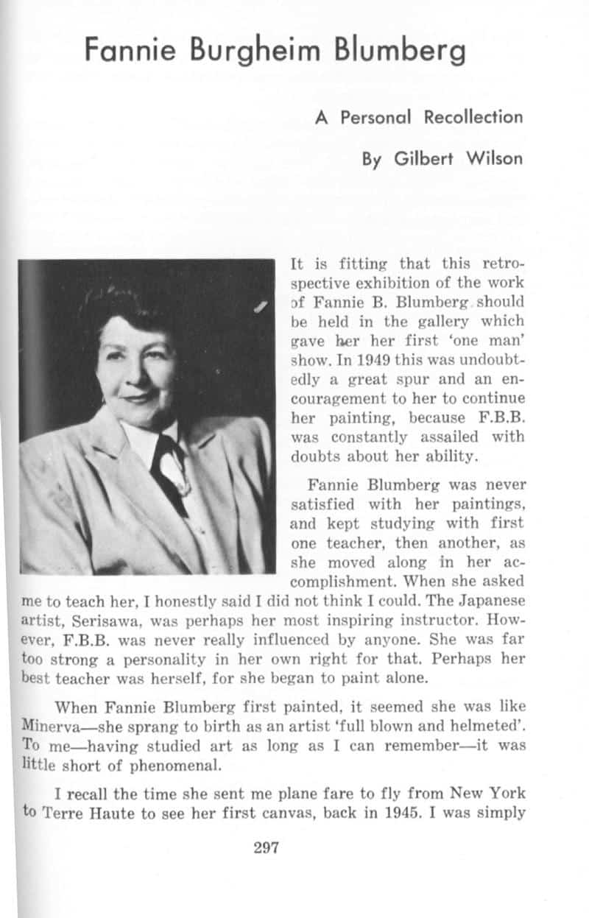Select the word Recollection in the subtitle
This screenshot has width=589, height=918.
coord(473,117)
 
